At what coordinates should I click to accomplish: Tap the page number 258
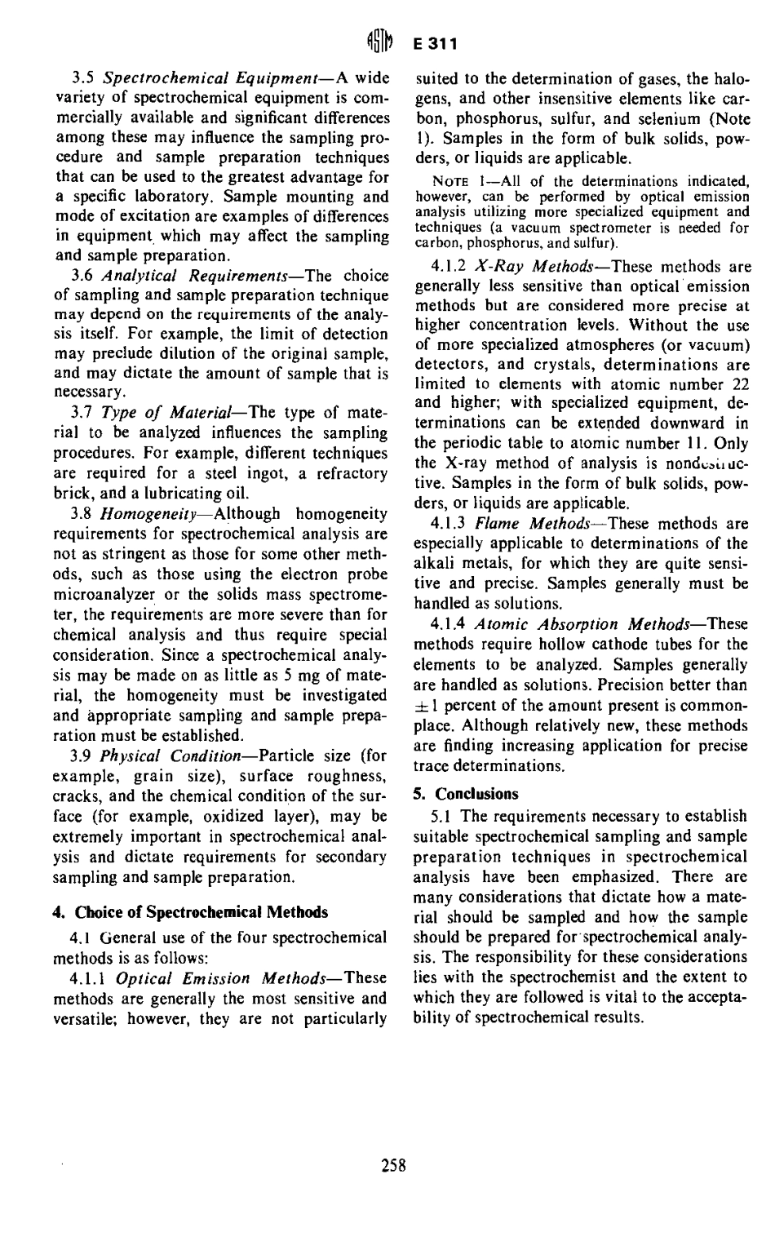(x=393, y=1164)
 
